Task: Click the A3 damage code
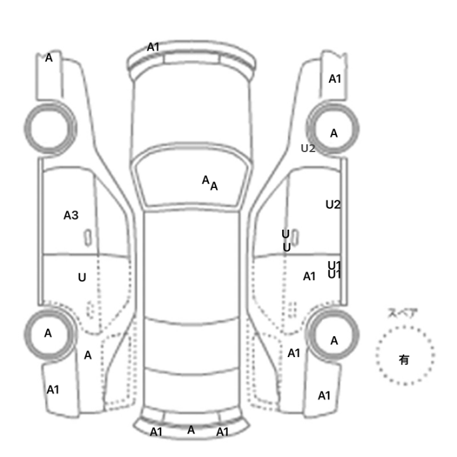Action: [x=71, y=215]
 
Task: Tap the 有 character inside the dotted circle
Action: [x=404, y=360]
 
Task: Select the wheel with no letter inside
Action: [x=50, y=128]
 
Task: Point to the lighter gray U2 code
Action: [x=307, y=148]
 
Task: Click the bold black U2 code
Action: [x=333, y=204]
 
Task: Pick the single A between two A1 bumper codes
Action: [x=191, y=430]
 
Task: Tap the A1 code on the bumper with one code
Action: [x=153, y=47]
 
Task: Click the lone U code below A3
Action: [x=82, y=277]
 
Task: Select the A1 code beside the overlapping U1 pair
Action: [x=309, y=276]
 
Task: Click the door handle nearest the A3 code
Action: [x=87, y=238]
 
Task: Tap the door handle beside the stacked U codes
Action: [x=294, y=238]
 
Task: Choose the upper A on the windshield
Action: [x=206, y=180]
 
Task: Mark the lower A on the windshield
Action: [x=214, y=186]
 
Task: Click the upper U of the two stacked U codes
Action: [x=286, y=234]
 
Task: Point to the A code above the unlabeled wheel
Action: [x=49, y=57]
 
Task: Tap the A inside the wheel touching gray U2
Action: [x=334, y=133]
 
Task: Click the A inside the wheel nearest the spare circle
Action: [x=334, y=341]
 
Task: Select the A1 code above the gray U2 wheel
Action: [x=335, y=79]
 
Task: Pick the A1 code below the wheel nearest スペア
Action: [x=324, y=396]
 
